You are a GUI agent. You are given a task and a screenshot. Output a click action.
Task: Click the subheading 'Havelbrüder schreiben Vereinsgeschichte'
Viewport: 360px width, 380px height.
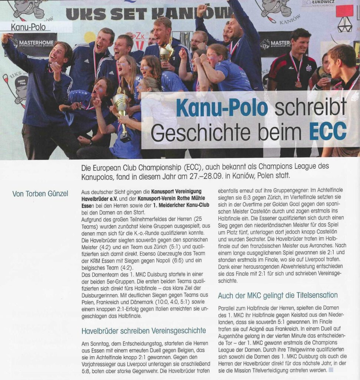[143, 330]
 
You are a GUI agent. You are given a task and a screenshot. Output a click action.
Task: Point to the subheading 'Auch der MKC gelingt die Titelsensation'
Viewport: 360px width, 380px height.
[278, 295]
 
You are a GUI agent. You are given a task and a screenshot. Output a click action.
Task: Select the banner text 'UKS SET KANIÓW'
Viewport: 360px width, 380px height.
[148, 14]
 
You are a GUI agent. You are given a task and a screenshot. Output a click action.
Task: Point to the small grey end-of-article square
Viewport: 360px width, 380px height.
[331, 370]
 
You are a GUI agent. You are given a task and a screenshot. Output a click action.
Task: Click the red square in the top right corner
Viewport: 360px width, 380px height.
[344, 11]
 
